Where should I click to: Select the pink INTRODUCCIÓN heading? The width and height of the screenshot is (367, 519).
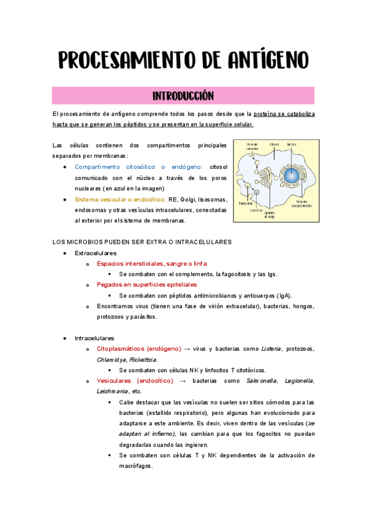[x=183, y=96]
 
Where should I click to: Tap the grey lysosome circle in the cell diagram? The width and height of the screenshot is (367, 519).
[x=257, y=192]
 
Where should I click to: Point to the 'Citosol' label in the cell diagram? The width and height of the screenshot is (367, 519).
[x=274, y=144]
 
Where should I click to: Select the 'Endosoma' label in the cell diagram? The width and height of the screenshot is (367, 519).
[x=246, y=203]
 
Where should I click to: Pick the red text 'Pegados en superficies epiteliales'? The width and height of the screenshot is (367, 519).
[x=147, y=285]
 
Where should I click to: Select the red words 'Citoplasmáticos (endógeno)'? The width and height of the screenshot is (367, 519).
[x=138, y=349]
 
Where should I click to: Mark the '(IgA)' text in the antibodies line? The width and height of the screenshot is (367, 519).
[x=282, y=296]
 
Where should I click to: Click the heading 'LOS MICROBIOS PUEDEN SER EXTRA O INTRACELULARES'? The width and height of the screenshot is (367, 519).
[x=142, y=242]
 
